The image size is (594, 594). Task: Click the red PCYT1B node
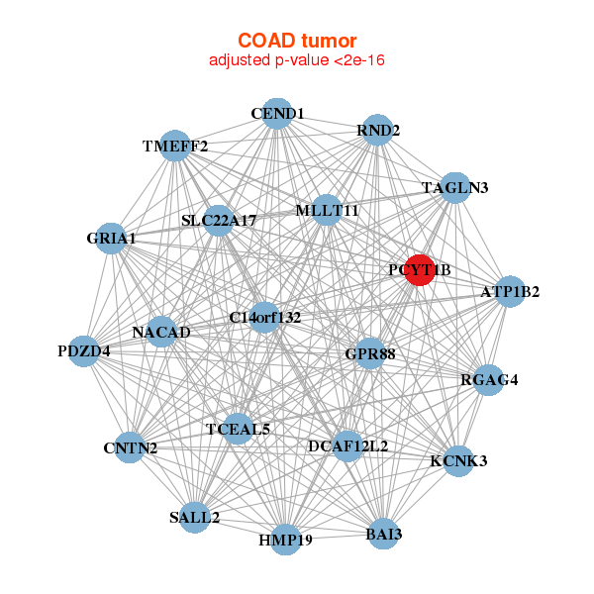420,269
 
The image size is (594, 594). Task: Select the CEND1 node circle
277,114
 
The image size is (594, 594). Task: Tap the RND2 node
378,130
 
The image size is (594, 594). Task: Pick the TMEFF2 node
174,146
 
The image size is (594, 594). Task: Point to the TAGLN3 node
455,188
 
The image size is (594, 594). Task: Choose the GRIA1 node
111,239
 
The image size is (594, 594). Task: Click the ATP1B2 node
510,292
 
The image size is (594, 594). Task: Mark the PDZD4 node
84,351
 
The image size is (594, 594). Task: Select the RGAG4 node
489,380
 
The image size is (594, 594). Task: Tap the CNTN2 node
130,447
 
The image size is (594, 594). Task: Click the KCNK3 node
458,461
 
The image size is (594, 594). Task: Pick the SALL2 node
194,518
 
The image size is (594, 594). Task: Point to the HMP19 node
285,540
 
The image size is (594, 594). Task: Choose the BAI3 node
384,535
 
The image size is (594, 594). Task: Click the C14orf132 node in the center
264,318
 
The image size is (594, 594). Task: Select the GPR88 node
369,353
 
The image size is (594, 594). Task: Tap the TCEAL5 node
238,430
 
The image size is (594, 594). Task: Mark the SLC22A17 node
219,221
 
